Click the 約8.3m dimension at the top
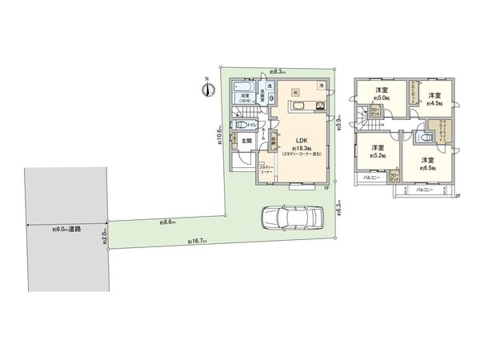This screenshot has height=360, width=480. (x=279, y=70)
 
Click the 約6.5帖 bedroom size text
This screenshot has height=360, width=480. (x=430, y=169)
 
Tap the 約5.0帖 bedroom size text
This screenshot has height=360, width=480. (x=378, y=100)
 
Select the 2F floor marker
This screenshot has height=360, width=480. (x=457, y=196)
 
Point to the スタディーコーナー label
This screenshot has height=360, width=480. (x=266, y=170)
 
